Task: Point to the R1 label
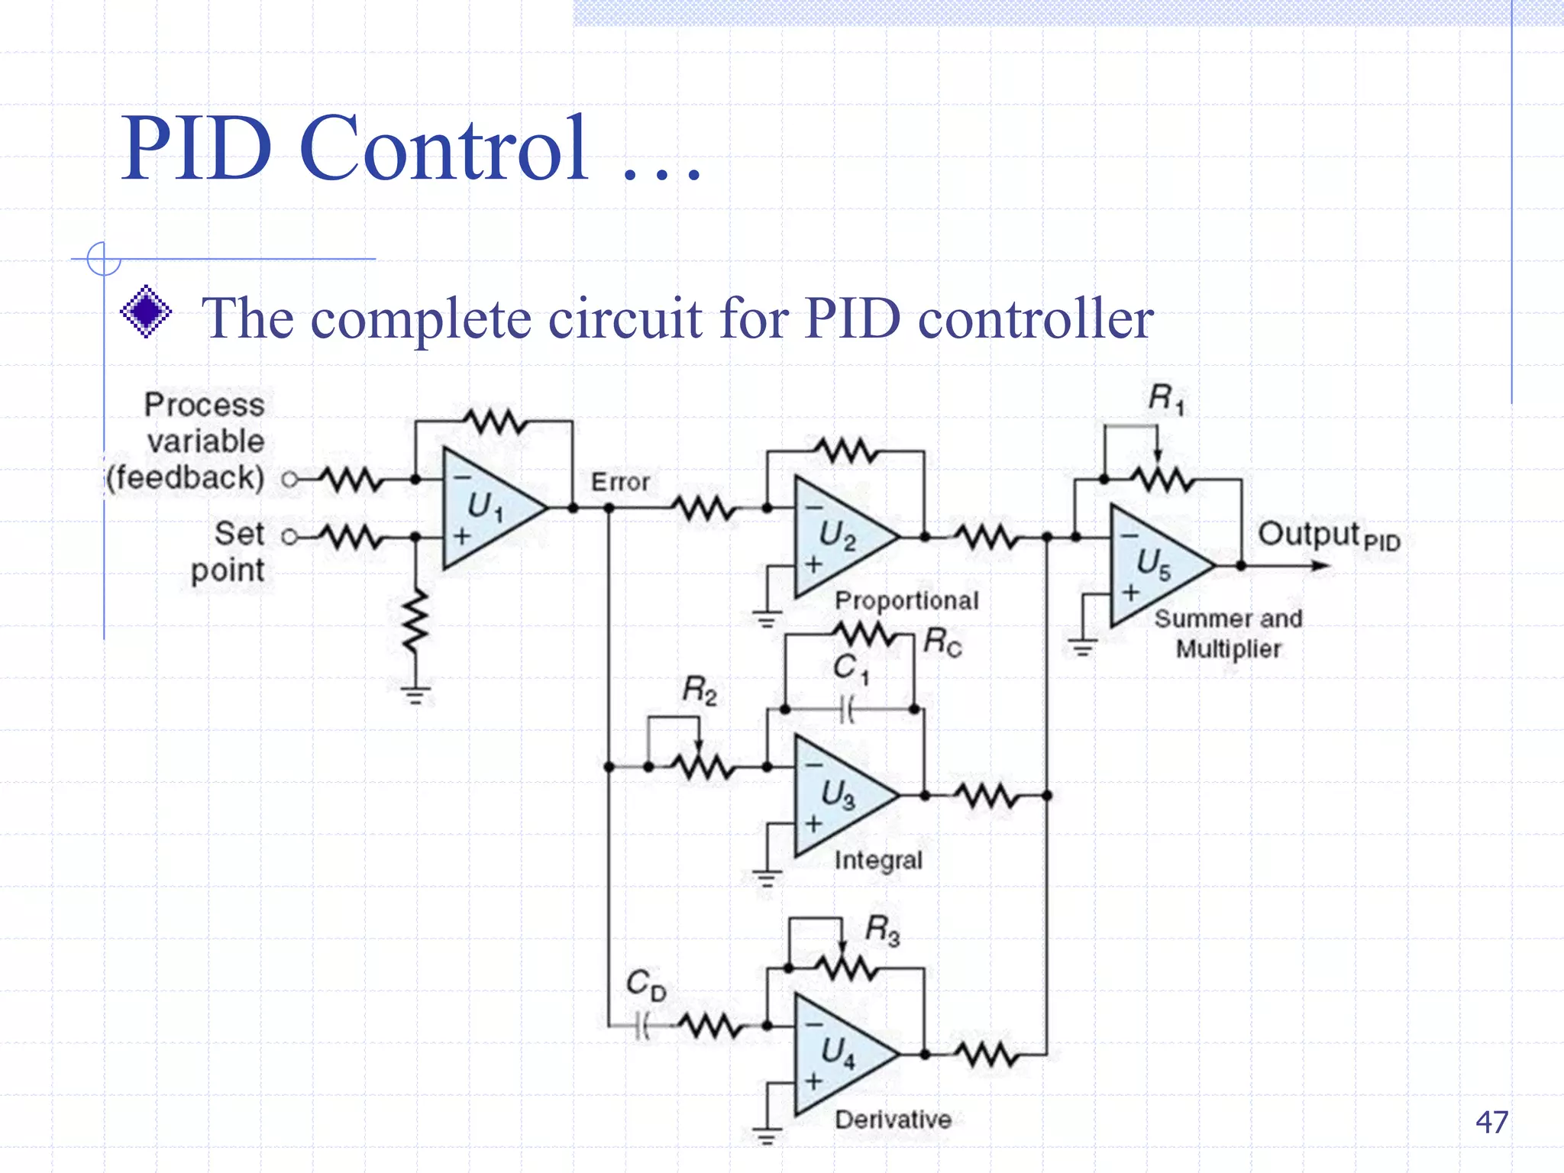pos(1166,399)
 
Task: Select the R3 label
pos(882,931)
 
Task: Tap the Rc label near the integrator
pos(942,642)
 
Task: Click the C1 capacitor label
pos(850,668)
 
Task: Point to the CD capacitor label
pos(645,984)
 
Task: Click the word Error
pos(620,482)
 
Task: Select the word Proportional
pos(906,600)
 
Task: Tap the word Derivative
pos(893,1120)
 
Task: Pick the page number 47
pos(1491,1122)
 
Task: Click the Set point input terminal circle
pos(289,537)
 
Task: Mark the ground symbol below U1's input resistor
pos(415,694)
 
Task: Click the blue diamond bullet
pos(146,312)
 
